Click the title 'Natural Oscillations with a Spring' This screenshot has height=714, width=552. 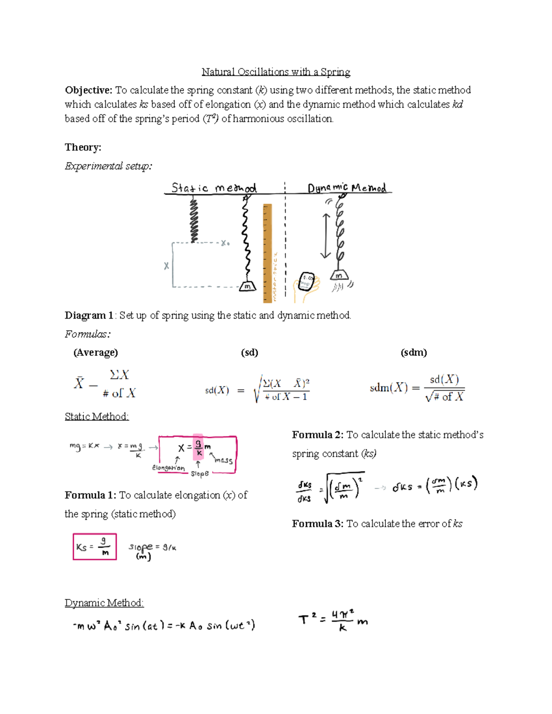[276, 72]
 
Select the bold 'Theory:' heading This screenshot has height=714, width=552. [83, 147]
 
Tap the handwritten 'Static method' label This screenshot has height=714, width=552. [213, 188]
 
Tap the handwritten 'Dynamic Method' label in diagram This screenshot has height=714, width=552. [347, 188]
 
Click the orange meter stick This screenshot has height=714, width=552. [267, 253]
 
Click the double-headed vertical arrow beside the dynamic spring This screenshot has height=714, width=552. [326, 235]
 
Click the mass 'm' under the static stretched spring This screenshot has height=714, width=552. [247, 286]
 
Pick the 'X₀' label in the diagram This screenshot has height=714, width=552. [225, 243]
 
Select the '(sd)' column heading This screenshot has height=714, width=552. [249, 353]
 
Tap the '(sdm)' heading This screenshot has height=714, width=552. [414, 353]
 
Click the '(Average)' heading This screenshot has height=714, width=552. [96, 353]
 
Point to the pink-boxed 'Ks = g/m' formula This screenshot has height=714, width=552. [95, 547]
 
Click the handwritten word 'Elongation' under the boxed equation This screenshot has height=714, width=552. [168, 468]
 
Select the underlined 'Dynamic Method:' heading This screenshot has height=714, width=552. [104, 603]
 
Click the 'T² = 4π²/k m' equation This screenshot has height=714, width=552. [333, 620]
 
